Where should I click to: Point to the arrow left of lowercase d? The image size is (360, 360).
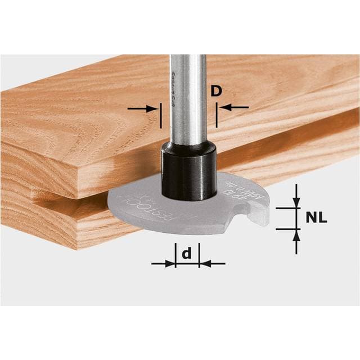[x=164, y=263]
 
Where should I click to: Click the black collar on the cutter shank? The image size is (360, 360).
[x=188, y=169]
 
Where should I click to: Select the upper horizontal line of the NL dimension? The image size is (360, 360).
[x=287, y=207]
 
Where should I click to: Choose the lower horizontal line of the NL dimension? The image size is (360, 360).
[x=287, y=228]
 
